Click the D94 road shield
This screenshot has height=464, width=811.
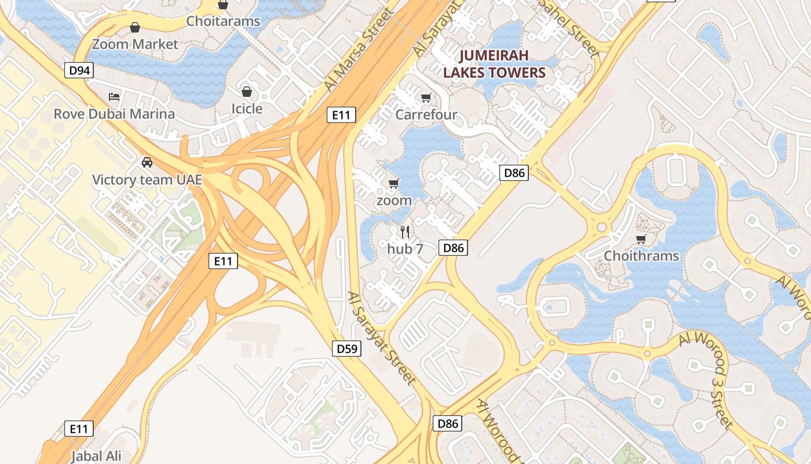point(79,71)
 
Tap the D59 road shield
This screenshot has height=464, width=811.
point(347,349)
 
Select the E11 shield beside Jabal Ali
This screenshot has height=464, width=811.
point(78,429)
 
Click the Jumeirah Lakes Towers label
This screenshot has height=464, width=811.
point(494,64)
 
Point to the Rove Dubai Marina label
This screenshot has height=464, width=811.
point(114,114)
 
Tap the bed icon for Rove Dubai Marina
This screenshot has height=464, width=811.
point(114,96)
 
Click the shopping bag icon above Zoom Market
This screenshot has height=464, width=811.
point(135,27)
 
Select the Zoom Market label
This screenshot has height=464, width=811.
point(135,44)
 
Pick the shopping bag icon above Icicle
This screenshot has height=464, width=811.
point(247,92)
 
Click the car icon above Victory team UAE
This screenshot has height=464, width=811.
point(147,162)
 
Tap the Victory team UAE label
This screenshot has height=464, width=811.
point(147,180)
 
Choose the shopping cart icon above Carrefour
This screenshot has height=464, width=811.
point(426,97)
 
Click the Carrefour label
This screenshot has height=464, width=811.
point(426,115)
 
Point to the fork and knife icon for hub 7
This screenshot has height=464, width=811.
point(405,232)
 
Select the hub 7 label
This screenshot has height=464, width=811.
point(405,249)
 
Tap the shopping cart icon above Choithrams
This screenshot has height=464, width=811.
point(641,239)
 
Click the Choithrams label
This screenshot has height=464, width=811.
point(641,256)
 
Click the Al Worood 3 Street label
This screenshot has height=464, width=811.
point(708,378)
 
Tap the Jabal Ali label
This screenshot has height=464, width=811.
point(96,456)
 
